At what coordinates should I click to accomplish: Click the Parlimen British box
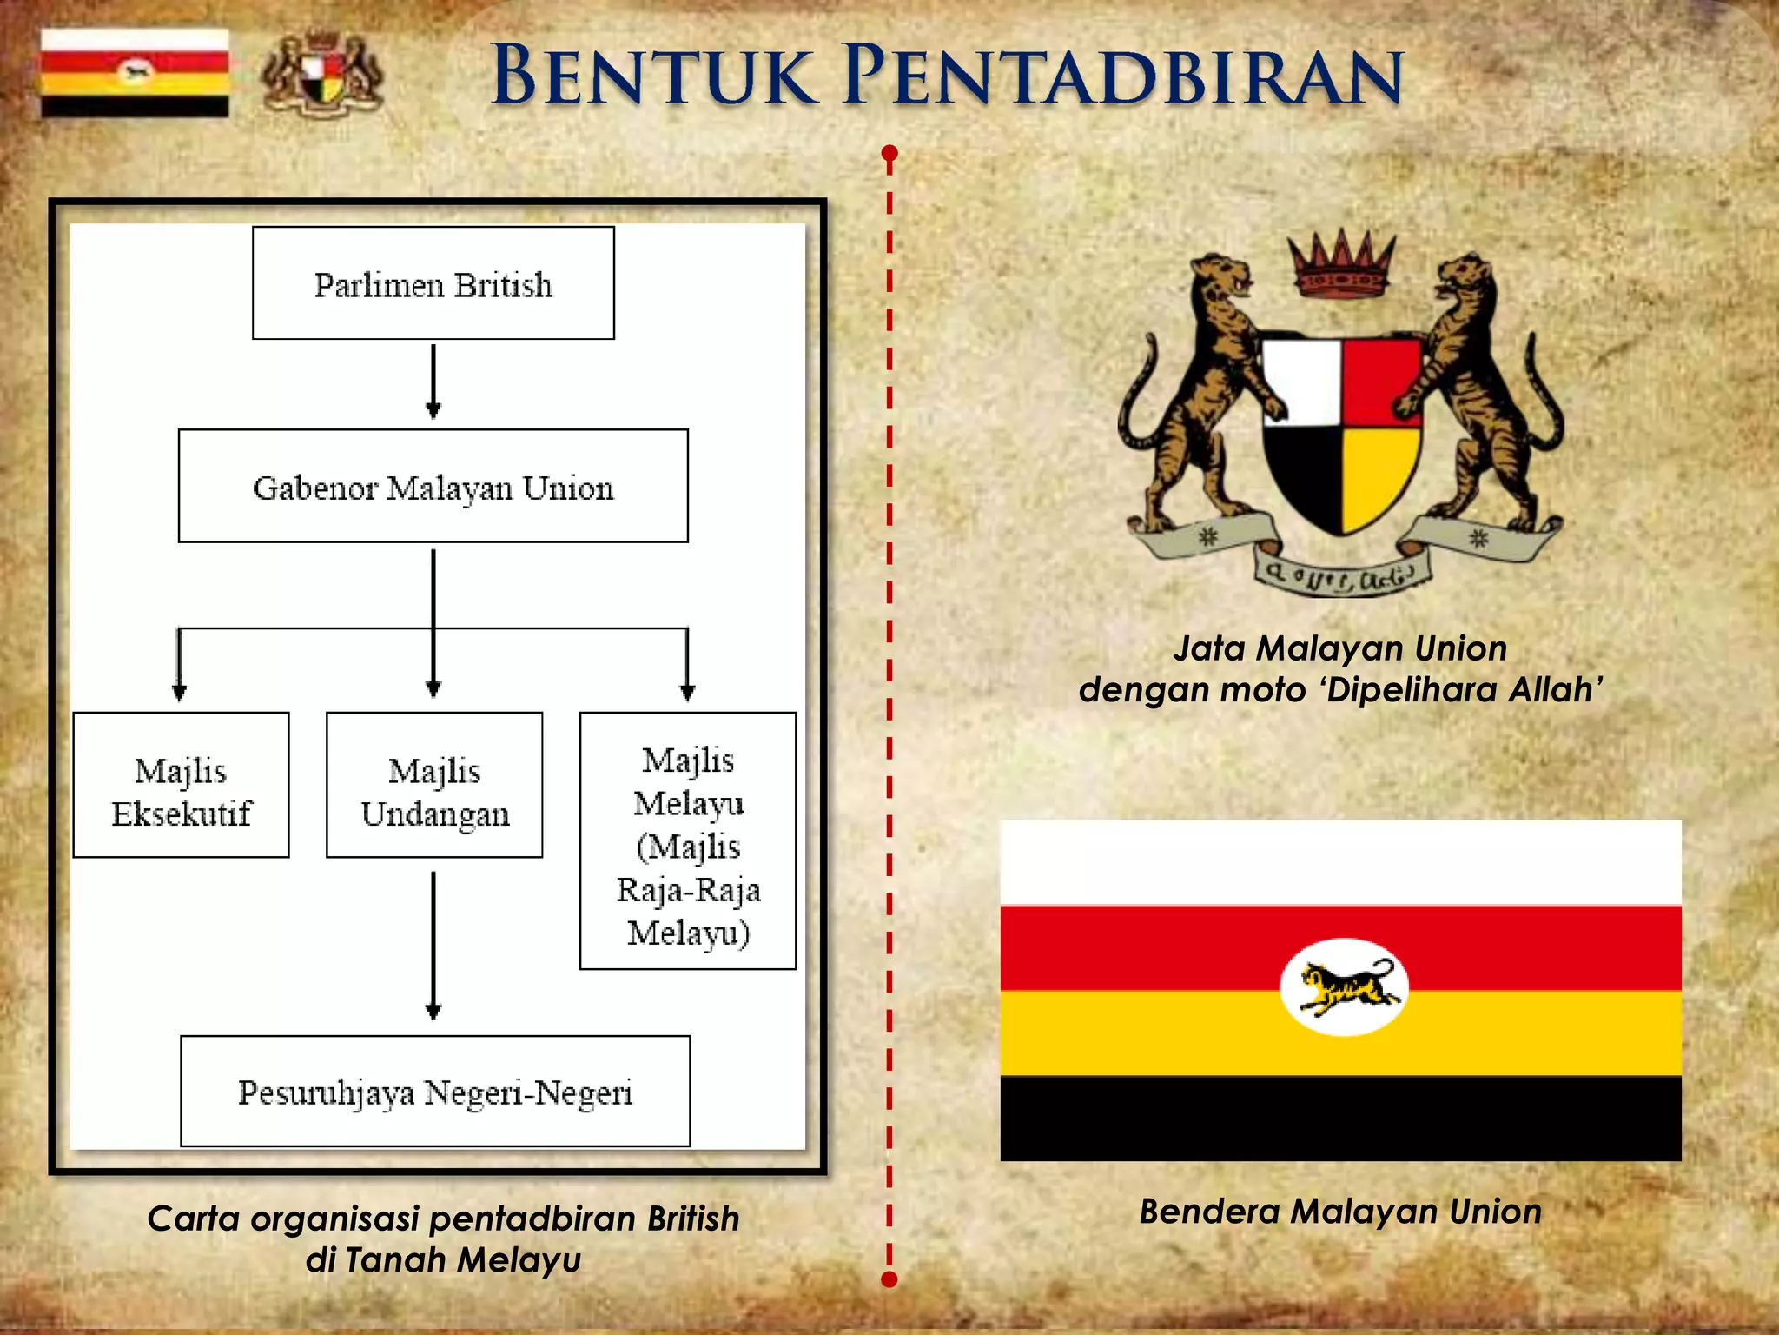433,283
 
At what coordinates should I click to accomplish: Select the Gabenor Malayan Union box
433,486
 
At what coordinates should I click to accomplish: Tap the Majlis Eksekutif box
181,785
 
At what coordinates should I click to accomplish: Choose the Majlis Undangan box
434,785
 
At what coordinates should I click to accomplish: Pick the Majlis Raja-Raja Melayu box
688,840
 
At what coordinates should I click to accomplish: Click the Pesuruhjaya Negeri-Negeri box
435,1091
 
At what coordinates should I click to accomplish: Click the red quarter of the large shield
1381,382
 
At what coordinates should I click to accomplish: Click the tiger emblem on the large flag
1344,987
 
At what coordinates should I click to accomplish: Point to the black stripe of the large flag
1340,1118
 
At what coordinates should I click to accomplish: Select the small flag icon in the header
135,73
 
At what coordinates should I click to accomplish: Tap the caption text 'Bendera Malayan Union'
1340,1211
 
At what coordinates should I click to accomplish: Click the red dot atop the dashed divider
889,154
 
